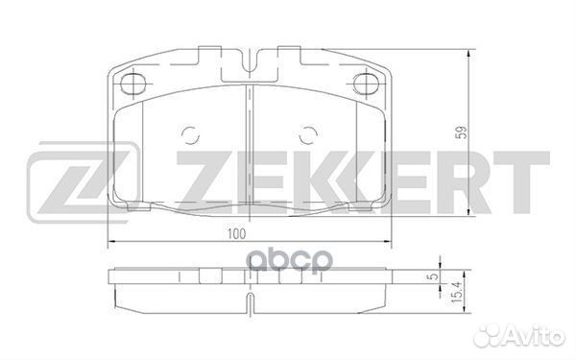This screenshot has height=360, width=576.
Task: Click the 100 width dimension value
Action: point(236,234)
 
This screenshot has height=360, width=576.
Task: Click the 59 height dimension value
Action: point(462,132)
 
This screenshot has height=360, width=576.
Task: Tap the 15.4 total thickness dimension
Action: point(456,291)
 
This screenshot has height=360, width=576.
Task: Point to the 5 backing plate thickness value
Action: point(435,276)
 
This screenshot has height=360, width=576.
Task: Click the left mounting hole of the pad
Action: point(133,84)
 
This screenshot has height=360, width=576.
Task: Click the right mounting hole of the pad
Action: point(367,84)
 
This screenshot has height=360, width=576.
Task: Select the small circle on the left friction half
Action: point(191,135)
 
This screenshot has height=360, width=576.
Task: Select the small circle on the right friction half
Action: point(308,135)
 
